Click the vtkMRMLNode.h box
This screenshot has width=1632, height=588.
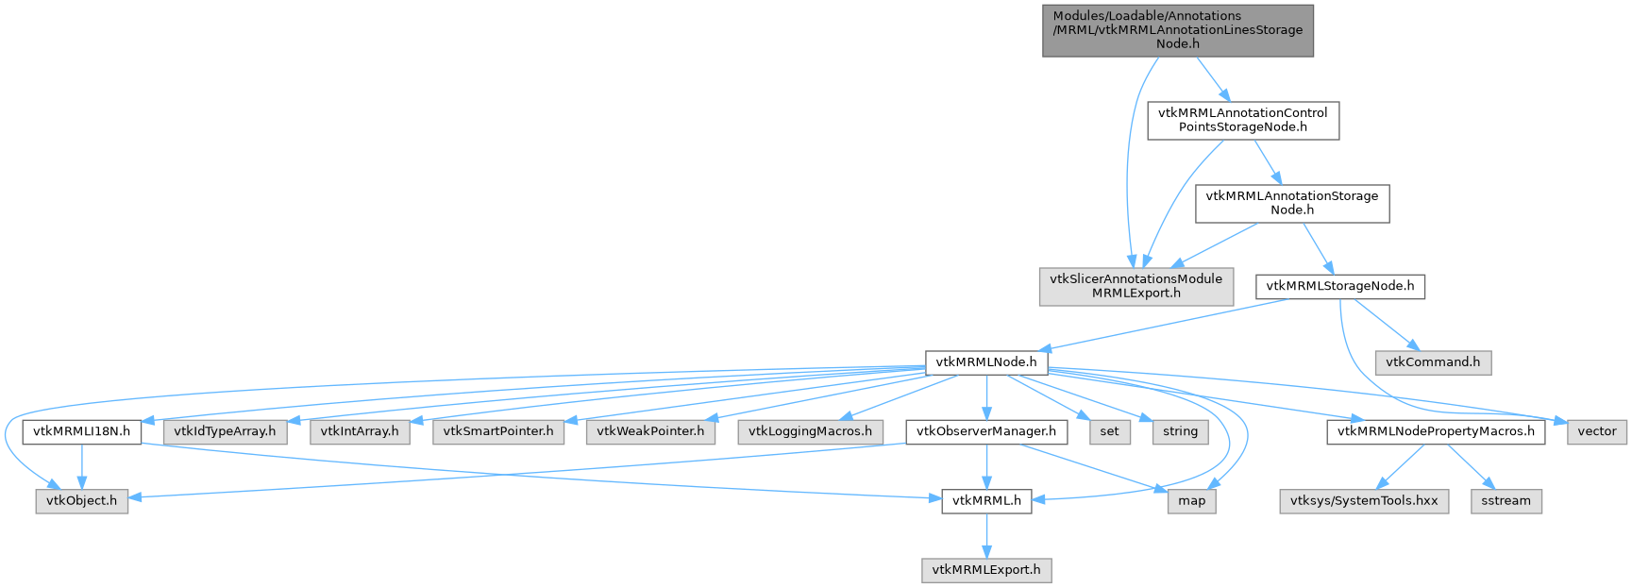pyautogui.click(x=985, y=362)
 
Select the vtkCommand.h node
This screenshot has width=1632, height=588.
pyautogui.click(x=1433, y=362)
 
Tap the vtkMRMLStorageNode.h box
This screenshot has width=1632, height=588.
pyautogui.click(x=1339, y=286)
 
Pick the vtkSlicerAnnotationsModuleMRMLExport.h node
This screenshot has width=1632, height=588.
pyautogui.click(x=1136, y=286)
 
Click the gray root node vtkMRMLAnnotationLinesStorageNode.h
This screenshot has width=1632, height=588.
pyautogui.click(x=1177, y=30)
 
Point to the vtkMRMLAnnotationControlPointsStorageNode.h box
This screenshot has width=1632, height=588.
pyautogui.click(x=1242, y=120)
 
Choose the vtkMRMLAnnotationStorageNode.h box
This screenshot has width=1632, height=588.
pyautogui.click(x=1291, y=203)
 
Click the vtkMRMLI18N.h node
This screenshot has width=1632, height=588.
pyautogui.click(x=81, y=431)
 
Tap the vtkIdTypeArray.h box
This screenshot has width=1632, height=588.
pyautogui.click(x=225, y=431)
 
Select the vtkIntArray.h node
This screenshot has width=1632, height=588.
pyautogui.click(x=359, y=431)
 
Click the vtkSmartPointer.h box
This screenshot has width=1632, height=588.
pyautogui.click(x=498, y=431)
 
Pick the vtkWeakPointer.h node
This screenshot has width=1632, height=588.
pyautogui.click(x=650, y=431)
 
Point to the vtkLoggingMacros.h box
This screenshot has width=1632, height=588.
pyautogui.click(x=811, y=431)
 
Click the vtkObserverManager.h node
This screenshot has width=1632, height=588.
pyautogui.click(x=986, y=431)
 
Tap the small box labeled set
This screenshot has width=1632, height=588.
pyautogui.click(x=1109, y=431)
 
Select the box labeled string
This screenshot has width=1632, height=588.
pyautogui.click(x=1180, y=431)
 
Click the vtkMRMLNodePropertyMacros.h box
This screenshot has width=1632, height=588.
pyautogui.click(x=1436, y=431)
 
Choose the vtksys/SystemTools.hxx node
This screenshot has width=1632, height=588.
pyautogui.click(x=1364, y=500)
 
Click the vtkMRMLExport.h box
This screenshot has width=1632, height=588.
pyautogui.click(x=986, y=570)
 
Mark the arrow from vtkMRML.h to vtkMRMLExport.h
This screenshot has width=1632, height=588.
pyautogui.click(x=986, y=535)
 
